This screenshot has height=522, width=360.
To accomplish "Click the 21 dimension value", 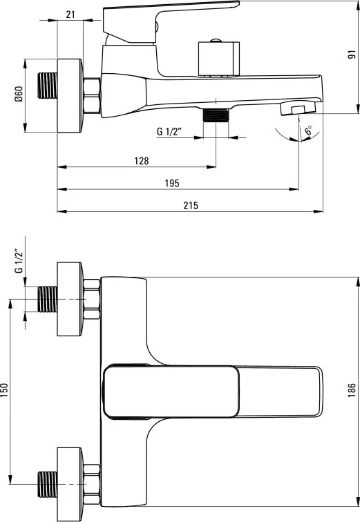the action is click(70, 14).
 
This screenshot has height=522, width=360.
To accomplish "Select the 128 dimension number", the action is click(142, 161).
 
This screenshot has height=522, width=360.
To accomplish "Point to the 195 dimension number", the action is click(172, 183).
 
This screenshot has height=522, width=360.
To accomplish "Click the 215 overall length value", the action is click(191, 205).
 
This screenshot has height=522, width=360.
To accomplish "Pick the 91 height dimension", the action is click(352, 55).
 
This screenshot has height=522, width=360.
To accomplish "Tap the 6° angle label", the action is click(308, 130).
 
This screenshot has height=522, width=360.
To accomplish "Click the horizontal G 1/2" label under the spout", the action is click(169, 131).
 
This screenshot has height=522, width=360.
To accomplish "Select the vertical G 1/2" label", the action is click(19, 261).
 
